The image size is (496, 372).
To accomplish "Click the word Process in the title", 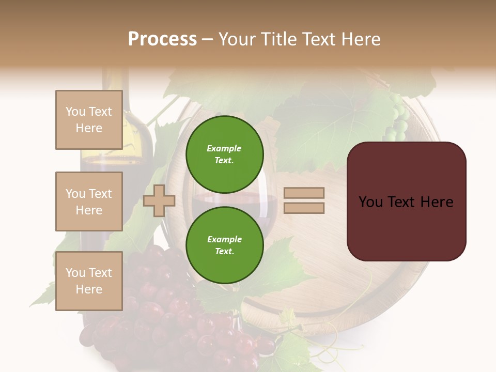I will [x=162, y=39].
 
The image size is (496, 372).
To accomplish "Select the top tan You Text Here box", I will [x=89, y=120].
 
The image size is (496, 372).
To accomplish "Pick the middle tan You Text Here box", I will [x=89, y=202].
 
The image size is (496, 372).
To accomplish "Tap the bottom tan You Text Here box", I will [x=89, y=281].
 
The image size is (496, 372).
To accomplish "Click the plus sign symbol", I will [x=159, y=200].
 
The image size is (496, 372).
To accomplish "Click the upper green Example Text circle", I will [x=224, y=154].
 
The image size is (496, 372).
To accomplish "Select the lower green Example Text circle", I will [x=224, y=245].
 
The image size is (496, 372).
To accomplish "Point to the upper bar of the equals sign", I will [x=304, y=193].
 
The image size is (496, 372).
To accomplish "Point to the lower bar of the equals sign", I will [x=304, y=208].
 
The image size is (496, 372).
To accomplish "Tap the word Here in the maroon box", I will [x=437, y=202].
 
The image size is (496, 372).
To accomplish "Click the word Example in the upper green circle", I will [x=224, y=148].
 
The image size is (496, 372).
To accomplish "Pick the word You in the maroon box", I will [x=371, y=202].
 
